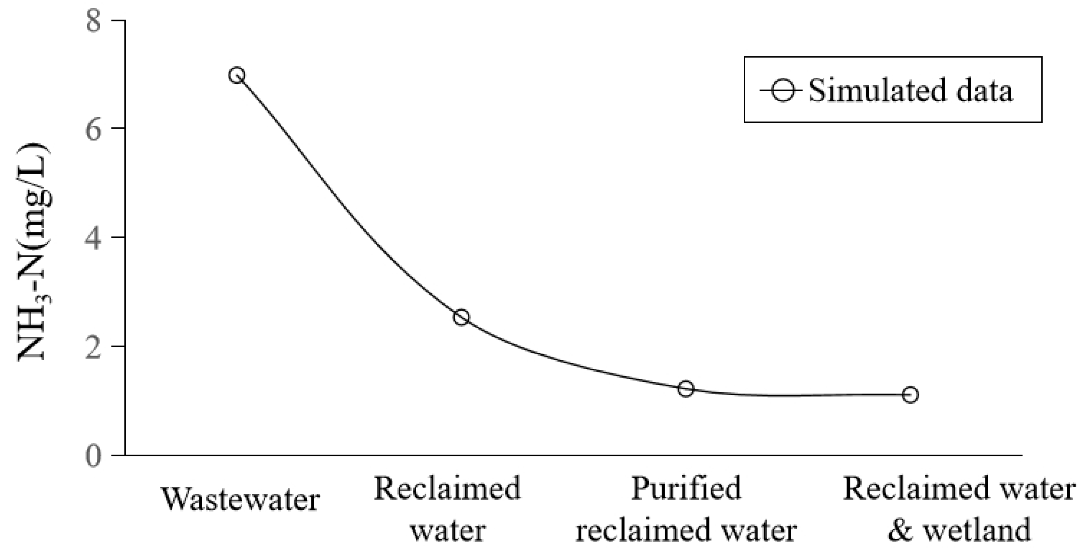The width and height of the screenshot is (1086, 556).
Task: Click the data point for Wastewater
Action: (236, 76)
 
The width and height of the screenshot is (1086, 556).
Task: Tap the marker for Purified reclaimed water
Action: (686, 389)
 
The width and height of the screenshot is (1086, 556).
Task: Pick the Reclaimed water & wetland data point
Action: (910, 394)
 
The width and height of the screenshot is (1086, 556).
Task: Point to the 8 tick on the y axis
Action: (93, 20)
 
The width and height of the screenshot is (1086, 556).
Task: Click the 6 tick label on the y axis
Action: (93, 128)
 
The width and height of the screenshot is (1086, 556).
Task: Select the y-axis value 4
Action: (93, 238)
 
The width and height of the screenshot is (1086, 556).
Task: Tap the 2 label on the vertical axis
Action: (93, 347)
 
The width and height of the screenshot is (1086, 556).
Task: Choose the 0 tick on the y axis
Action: (93, 456)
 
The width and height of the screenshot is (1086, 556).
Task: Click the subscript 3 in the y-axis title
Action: (47, 297)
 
